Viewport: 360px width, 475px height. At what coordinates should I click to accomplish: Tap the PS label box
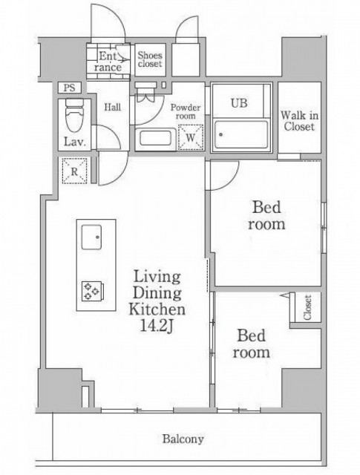click(69, 88)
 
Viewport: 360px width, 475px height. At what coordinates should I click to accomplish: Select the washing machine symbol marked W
click(191, 137)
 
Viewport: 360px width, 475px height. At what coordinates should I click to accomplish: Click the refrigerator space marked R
click(74, 171)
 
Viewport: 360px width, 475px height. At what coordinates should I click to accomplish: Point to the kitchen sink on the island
click(91, 237)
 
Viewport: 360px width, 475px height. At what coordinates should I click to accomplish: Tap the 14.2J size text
click(157, 326)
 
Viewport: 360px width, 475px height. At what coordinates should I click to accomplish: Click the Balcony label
click(183, 439)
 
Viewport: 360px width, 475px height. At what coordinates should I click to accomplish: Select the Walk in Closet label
click(299, 121)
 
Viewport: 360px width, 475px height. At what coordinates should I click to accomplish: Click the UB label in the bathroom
click(239, 103)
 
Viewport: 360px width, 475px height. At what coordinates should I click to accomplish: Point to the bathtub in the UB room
click(241, 134)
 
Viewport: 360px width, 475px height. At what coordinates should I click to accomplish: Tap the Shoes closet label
click(150, 59)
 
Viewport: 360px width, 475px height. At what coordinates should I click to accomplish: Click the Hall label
click(112, 107)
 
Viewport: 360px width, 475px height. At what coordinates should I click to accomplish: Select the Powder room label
click(186, 111)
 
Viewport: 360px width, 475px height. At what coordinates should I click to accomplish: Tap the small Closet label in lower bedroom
click(307, 307)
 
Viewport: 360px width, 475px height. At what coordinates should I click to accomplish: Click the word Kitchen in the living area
click(157, 309)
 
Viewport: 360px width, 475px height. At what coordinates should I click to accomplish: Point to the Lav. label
click(74, 142)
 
